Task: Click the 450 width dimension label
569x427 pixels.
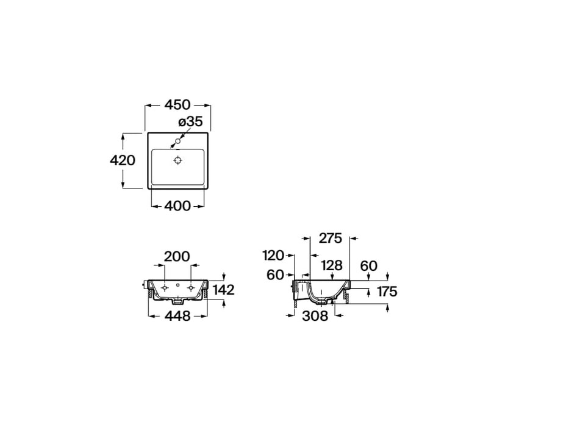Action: pyautogui.click(x=177, y=104)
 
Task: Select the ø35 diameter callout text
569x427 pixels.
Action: pyautogui.click(x=190, y=121)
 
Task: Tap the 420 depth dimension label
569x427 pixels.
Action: pyautogui.click(x=123, y=160)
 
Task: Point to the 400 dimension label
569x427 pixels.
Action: pyautogui.click(x=177, y=206)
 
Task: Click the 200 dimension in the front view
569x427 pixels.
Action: pyautogui.click(x=177, y=256)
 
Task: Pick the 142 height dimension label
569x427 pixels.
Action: pyautogui.click(x=224, y=290)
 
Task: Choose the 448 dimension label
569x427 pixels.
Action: pyautogui.click(x=177, y=316)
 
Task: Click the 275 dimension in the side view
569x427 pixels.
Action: pyautogui.click(x=330, y=238)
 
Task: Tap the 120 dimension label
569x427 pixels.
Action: pyautogui.click(x=273, y=256)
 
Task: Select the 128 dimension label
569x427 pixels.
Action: pyautogui.click(x=332, y=265)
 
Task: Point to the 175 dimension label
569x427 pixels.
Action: pyautogui.click(x=387, y=291)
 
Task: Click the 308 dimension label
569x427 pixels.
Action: pyautogui.click(x=315, y=316)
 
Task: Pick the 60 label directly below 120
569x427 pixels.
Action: pyautogui.click(x=275, y=275)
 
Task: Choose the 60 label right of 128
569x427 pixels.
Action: pyautogui.click(x=369, y=266)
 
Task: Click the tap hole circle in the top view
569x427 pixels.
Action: pyautogui.click(x=178, y=141)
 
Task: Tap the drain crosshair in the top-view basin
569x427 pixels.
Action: pyautogui.click(x=178, y=160)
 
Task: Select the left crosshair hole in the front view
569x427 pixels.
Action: pyautogui.click(x=165, y=287)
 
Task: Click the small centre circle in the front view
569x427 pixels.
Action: pyautogui.click(x=178, y=285)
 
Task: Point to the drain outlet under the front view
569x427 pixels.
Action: pyautogui.click(x=178, y=301)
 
